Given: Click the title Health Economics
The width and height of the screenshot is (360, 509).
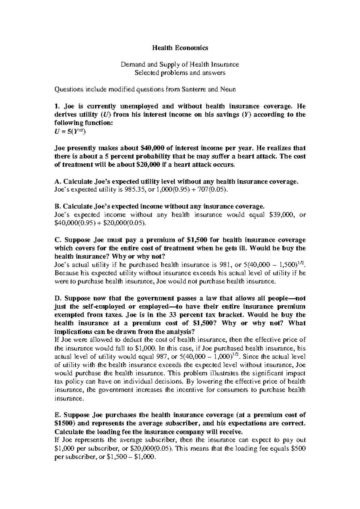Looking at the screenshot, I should [x=180, y=48].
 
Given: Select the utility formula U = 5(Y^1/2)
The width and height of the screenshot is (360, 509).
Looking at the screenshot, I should [x=70, y=131].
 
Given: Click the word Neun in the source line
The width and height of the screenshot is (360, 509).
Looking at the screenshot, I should [x=229, y=89].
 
